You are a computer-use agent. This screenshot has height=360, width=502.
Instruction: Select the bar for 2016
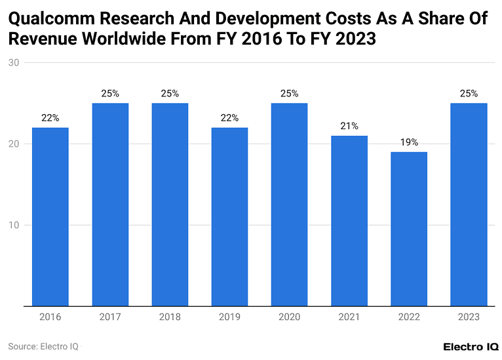click(x=50, y=216)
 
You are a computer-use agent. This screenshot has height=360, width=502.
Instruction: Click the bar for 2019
click(x=229, y=216)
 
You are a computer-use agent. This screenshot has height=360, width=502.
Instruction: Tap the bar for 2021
click(x=349, y=220)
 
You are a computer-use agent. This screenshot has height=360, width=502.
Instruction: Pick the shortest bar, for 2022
click(x=408, y=228)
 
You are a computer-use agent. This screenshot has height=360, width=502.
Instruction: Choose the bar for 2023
click(x=469, y=204)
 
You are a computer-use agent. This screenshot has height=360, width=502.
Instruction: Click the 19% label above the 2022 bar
click(x=408, y=142)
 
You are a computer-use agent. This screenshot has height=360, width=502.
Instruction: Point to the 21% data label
click(x=349, y=126)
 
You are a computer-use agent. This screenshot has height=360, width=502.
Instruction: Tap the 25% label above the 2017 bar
click(x=110, y=93)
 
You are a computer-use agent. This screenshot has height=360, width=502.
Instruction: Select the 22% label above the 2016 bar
click(x=50, y=118)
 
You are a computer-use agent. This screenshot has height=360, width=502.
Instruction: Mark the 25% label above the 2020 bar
click(x=289, y=93)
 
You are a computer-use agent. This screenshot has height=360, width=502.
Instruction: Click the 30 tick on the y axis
click(x=13, y=63)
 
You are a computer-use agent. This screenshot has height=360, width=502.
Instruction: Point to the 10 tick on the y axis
click(x=13, y=225)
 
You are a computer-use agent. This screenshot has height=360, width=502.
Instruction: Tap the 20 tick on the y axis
click(x=13, y=144)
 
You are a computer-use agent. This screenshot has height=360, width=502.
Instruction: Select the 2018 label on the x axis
click(x=170, y=317)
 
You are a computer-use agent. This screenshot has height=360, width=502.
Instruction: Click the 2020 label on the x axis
click(x=289, y=317)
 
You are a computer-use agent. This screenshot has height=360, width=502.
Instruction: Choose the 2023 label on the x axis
click(x=469, y=317)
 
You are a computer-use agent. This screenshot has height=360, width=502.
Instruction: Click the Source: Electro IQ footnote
click(x=43, y=346)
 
